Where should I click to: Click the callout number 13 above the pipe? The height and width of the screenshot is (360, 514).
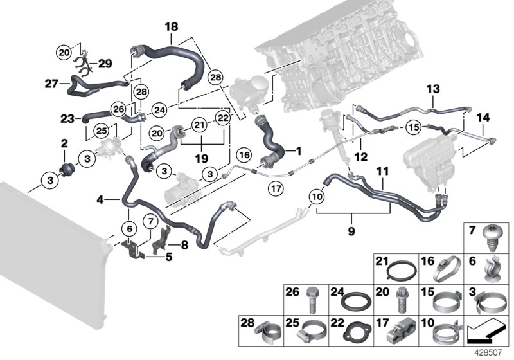tap(432, 88)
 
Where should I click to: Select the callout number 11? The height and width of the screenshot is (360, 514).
tap(382, 173)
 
